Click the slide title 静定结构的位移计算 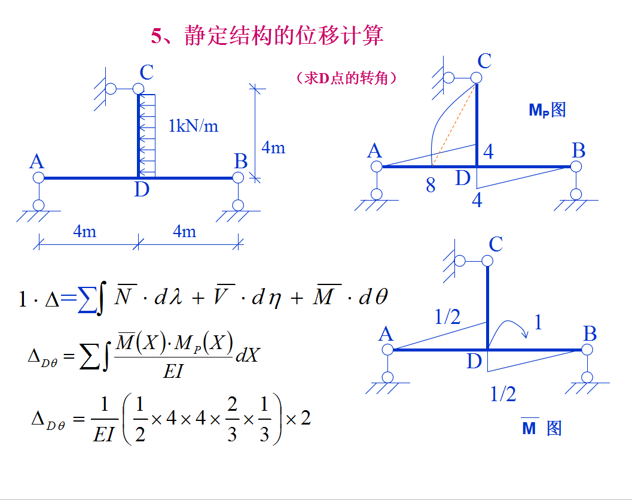click(284, 36)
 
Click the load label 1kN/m click(193, 126)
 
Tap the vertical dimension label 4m click(273, 147)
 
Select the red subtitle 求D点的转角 click(346, 78)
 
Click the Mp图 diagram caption click(547, 110)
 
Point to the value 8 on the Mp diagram click(431, 186)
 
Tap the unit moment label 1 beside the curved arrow click(538, 323)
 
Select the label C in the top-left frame click(146, 73)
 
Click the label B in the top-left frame click(240, 161)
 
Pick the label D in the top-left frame click(141, 190)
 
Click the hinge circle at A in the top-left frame click(39, 178)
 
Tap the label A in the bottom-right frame click(386, 334)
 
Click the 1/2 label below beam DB click(503, 393)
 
